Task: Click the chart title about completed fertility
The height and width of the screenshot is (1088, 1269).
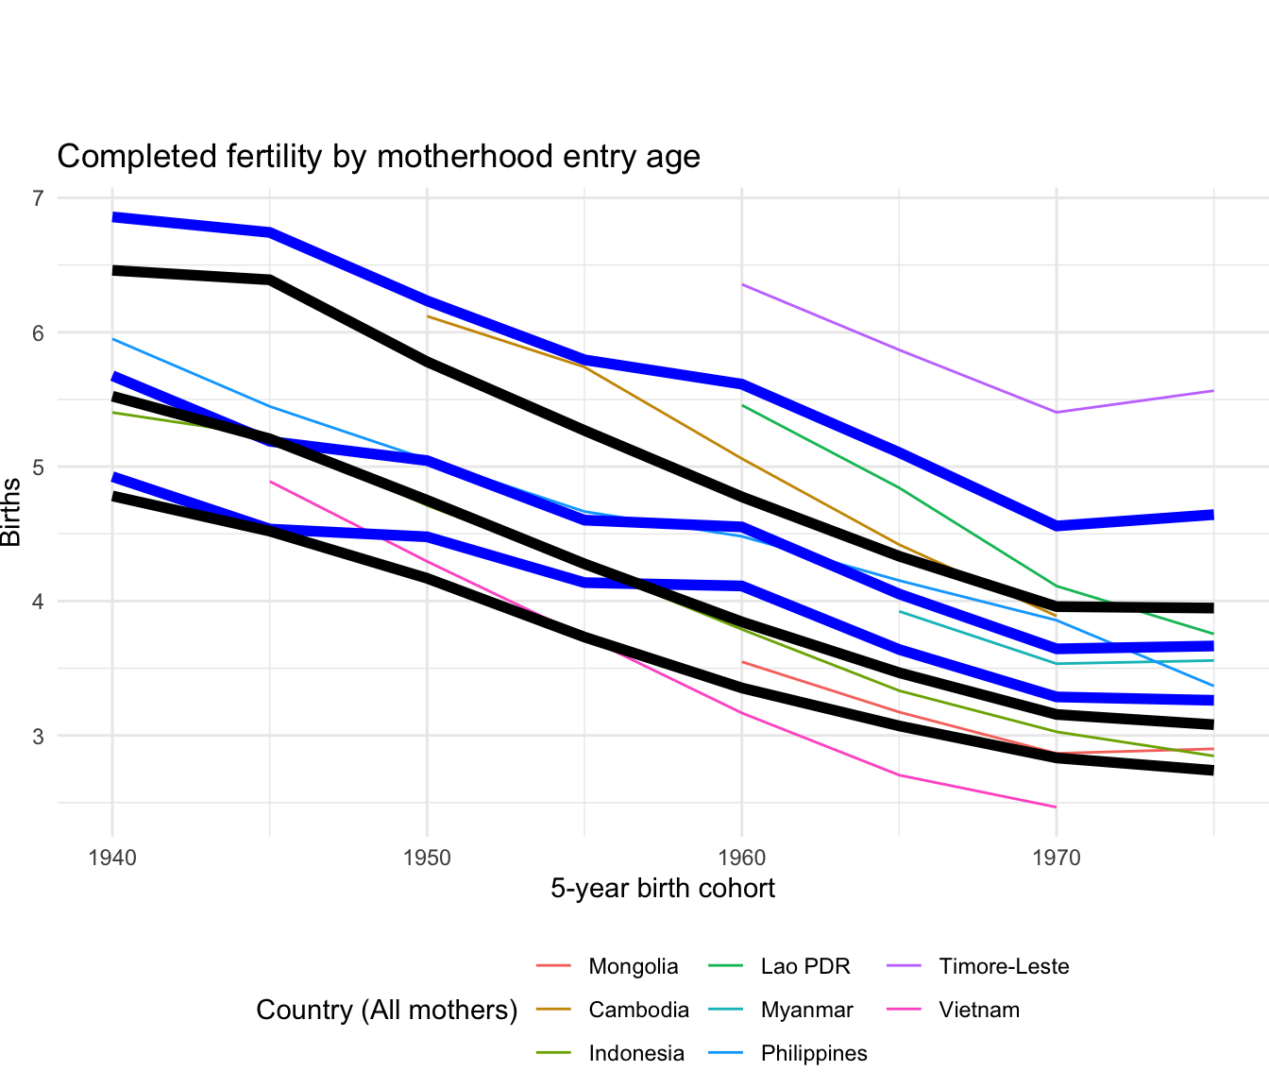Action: pyautogui.click(x=379, y=156)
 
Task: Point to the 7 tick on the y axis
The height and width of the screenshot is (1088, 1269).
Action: pyautogui.click(x=38, y=198)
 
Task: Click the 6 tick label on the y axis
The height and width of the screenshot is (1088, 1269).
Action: pyautogui.click(x=38, y=332)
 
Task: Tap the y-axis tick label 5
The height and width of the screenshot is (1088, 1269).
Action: pyautogui.click(x=38, y=467)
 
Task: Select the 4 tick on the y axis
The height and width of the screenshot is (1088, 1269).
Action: pyautogui.click(x=38, y=602)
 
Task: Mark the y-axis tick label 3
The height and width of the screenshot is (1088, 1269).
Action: pyautogui.click(x=38, y=736)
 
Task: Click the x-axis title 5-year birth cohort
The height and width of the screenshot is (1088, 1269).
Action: pyautogui.click(x=663, y=889)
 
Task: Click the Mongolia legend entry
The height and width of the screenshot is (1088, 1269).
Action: pyautogui.click(x=633, y=966)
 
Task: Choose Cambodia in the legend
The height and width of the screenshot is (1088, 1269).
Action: pyautogui.click(x=638, y=1010)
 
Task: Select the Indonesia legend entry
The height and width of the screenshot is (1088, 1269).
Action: pyautogui.click(x=636, y=1053)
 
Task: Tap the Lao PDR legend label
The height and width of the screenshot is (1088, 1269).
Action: pyautogui.click(x=805, y=966)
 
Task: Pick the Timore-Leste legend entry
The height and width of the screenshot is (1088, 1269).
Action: pyautogui.click(x=1004, y=966)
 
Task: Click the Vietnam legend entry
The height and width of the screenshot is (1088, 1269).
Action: pyautogui.click(x=979, y=1010)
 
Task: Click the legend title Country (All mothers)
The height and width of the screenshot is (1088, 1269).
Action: pyautogui.click(x=387, y=1010)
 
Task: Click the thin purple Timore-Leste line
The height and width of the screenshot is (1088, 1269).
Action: pyautogui.click(x=899, y=349)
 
